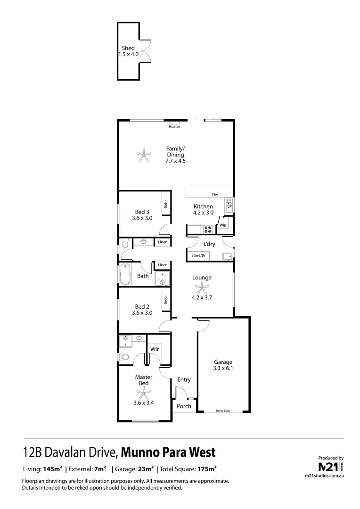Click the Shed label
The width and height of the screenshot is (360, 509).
(128, 48)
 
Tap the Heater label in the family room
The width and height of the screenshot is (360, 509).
(174, 126)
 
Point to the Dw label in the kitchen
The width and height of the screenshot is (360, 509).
(215, 195)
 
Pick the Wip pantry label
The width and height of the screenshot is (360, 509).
(223, 225)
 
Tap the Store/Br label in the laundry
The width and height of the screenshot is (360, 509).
(198, 255)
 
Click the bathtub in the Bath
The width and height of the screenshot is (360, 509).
(125, 274)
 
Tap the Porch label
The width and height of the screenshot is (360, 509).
(184, 406)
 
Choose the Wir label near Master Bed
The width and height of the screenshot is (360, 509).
(154, 349)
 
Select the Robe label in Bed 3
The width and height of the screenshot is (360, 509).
(166, 204)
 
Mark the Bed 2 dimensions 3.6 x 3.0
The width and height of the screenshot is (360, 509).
(142, 312)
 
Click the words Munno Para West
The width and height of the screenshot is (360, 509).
(168, 453)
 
